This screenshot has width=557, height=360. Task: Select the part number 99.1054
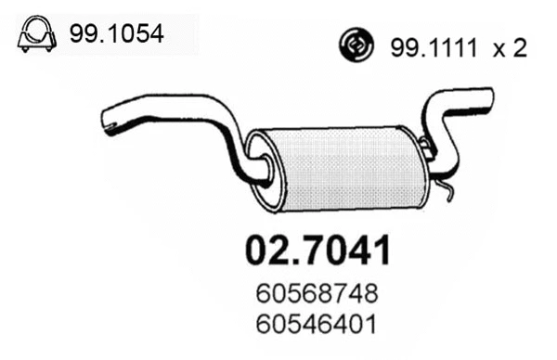tap(117, 35)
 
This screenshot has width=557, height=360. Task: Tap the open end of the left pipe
tap(108, 119)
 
